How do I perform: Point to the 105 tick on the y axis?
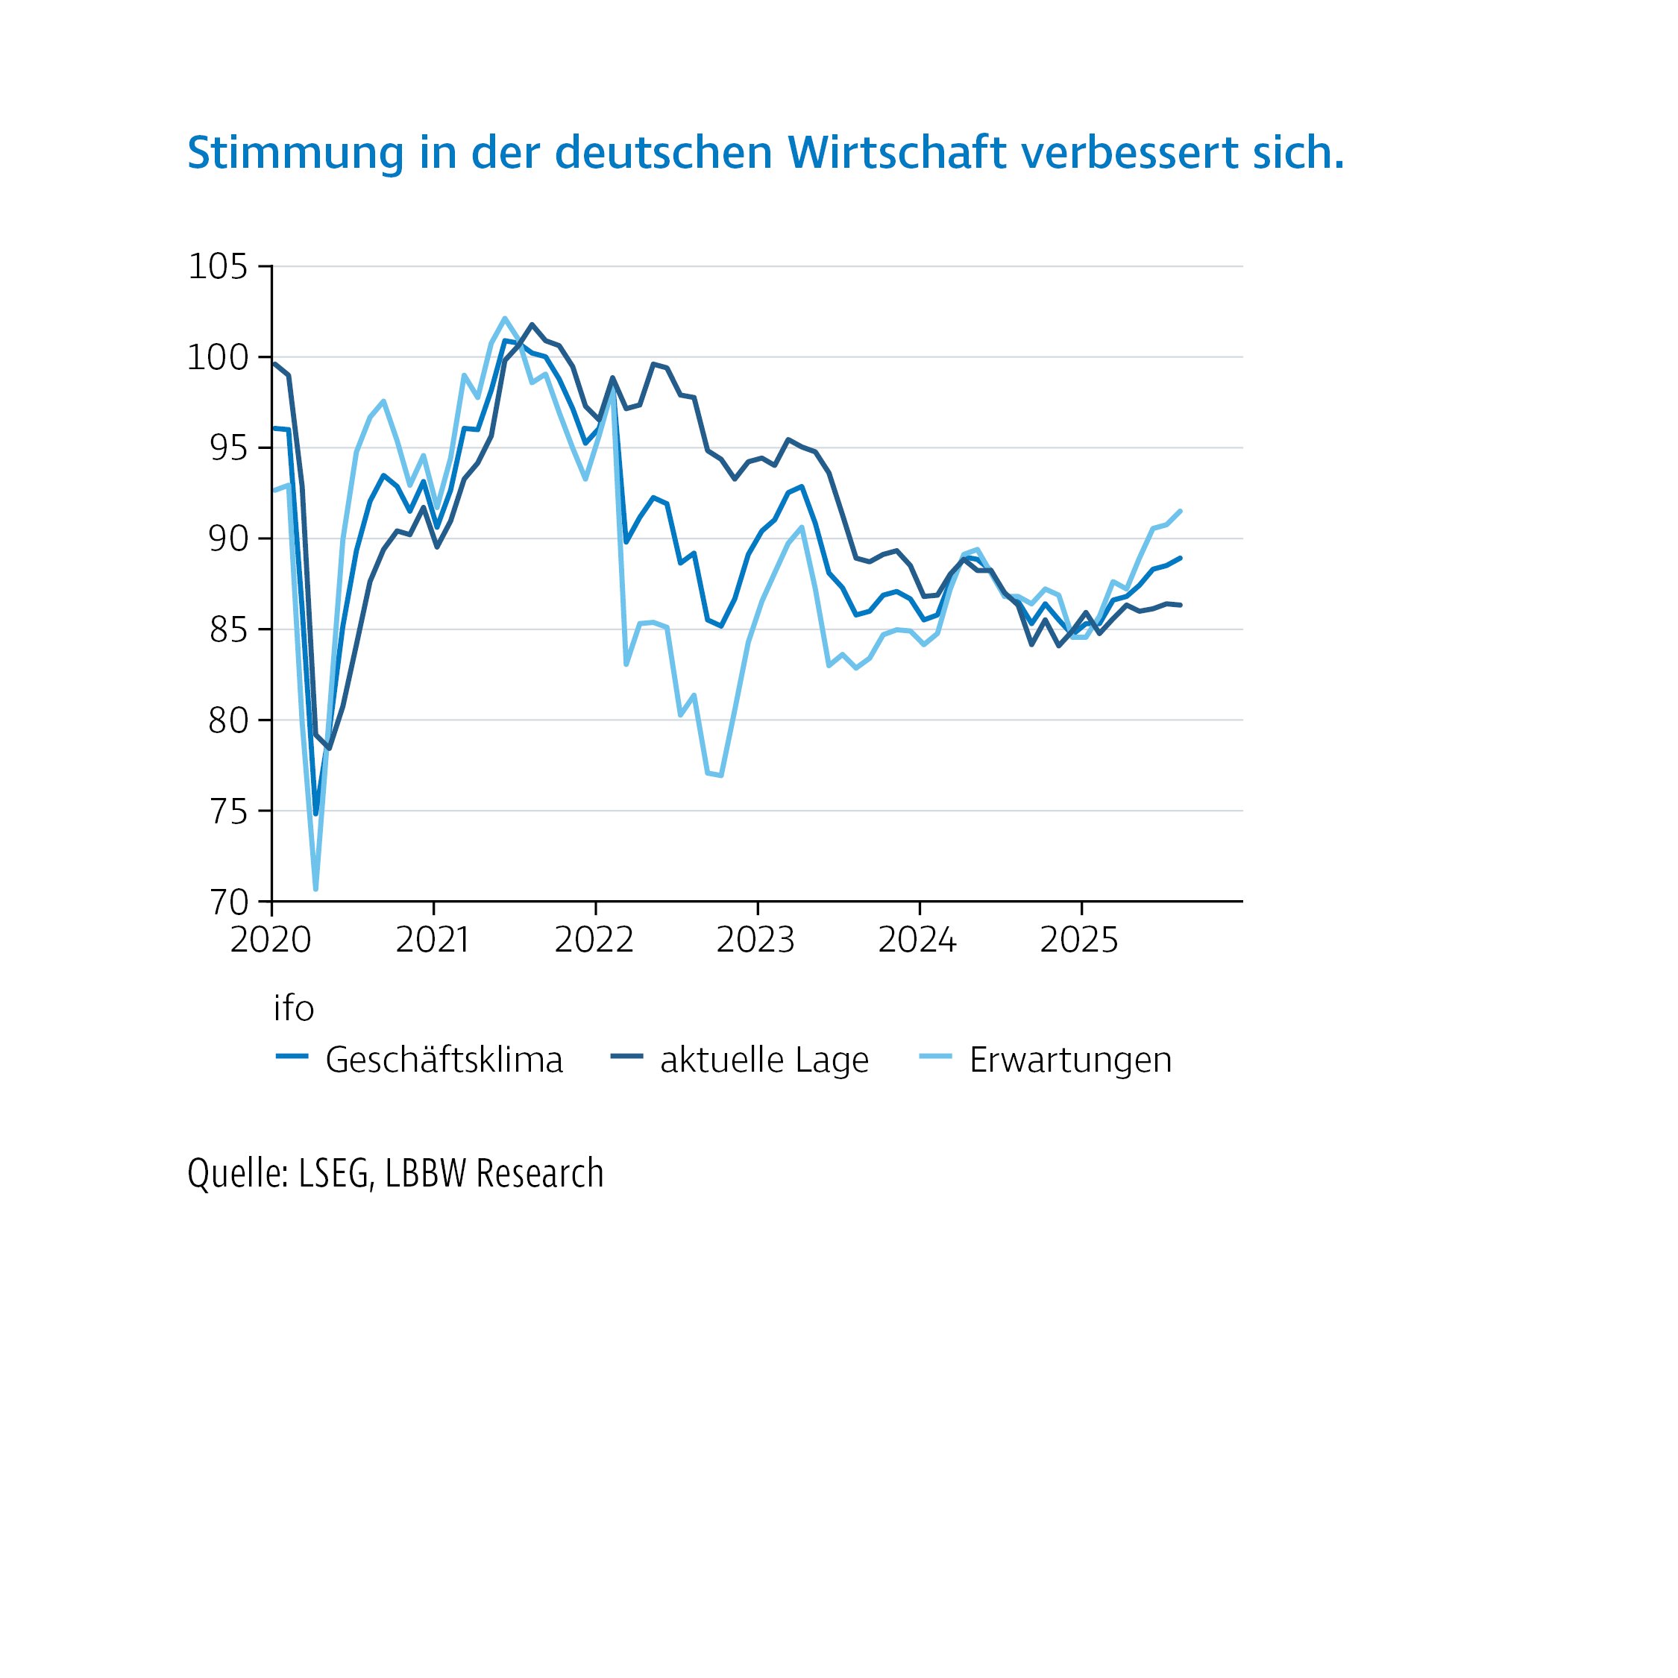point(218,267)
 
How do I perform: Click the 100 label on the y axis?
point(217,357)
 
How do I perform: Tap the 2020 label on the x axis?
point(271,940)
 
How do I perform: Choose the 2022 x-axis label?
point(594,940)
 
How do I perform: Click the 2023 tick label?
point(755,940)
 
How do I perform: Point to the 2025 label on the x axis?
point(1080,940)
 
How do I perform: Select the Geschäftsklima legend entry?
point(444,1060)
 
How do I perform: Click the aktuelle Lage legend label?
point(764,1060)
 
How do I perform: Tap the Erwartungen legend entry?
point(1070,1060)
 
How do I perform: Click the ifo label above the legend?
point(294,1008)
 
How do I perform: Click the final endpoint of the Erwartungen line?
point(1181,511)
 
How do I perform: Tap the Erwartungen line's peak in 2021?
point(505,318)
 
